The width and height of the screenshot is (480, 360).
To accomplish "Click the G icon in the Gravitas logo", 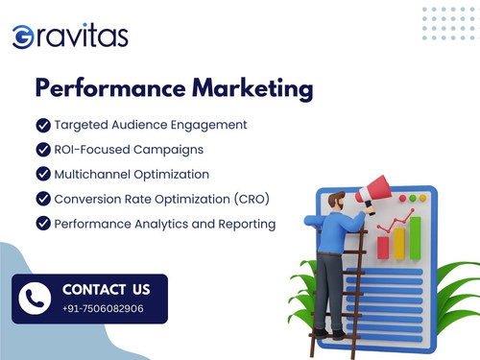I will (x=23, y=37).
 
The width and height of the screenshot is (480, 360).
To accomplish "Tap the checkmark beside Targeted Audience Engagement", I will (x=42, y=125).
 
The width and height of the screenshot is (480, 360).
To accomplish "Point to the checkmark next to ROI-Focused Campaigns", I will (x=42, y=150).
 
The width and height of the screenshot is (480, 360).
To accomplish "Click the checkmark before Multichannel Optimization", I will (x=42, y=174).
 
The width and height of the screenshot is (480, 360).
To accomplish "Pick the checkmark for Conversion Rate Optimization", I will (x=42, y=199).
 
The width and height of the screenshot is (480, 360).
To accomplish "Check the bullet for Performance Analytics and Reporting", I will (x=42, y=224).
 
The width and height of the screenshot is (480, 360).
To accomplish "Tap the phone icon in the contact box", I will (x=36, y=298).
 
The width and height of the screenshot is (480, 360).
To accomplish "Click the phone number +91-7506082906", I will (x=103, y=308).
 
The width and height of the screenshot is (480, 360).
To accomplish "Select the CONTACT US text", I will (x=106, y=289).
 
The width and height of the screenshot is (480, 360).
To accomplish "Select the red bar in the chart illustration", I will (x=383, y=248).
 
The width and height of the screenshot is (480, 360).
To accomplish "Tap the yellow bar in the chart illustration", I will (x=399, y=243).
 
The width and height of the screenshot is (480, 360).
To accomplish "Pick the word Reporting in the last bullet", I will (x=245, y=224).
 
